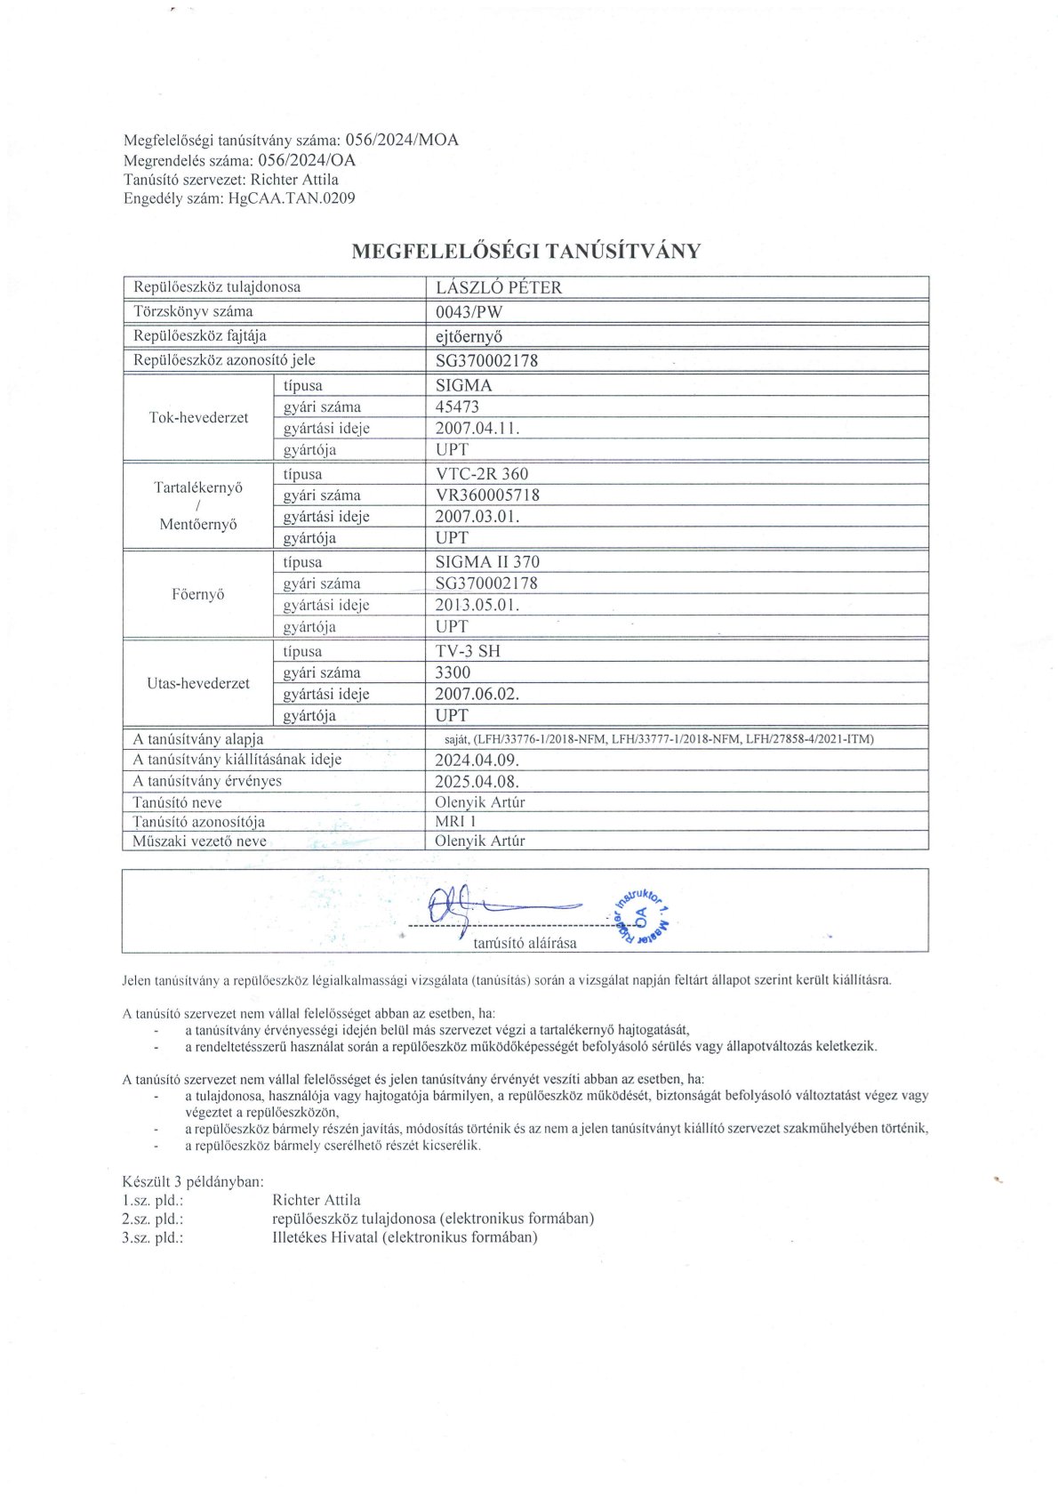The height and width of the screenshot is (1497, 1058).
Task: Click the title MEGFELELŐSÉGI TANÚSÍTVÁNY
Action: (526, 251)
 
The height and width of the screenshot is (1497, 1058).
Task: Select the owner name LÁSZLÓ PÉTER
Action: (499, 287)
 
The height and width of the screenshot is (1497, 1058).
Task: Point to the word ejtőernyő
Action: (469, 336)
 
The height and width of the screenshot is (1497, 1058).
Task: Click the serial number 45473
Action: (457, 406)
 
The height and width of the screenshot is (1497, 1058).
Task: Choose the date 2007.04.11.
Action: (477, 428)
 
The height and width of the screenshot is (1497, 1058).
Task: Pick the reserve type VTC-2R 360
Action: (482, 474)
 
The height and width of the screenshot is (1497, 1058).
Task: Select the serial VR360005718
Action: (487, 495)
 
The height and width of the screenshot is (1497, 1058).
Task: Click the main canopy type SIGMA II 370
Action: (487, 562)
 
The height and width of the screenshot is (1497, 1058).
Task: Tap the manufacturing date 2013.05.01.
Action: (477, 605)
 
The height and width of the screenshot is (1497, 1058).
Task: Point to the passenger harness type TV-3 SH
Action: (468, 651)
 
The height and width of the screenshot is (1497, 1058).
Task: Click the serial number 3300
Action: (453, 672)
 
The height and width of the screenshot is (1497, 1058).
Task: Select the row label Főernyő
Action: (198, 594)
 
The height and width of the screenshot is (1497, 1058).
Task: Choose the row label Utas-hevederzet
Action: (198, 683)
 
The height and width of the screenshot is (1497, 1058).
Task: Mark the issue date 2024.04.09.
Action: (477, 760)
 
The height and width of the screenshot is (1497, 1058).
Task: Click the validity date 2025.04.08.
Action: (477, 781)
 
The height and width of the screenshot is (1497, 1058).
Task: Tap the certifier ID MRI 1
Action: (455, 822)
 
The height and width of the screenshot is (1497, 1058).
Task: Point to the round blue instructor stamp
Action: (642, 915)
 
